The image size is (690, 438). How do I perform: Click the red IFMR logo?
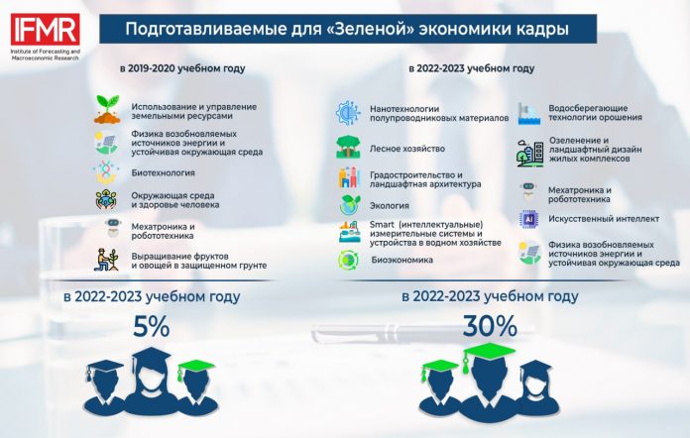46,29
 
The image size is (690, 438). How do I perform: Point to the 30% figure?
490,326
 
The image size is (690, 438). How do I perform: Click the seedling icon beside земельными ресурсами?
107,109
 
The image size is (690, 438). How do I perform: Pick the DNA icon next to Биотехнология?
106,171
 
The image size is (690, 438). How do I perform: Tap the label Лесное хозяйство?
407,149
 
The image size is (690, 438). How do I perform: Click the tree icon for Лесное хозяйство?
349,147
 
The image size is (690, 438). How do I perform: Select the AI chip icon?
529,219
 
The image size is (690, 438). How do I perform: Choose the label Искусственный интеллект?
604,219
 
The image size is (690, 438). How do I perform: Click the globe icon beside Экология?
350,205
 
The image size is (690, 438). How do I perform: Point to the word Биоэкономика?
402,260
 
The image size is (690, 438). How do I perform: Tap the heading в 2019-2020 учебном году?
182,68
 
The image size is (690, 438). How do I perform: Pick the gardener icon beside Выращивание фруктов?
106,260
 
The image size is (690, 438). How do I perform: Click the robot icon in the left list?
113,228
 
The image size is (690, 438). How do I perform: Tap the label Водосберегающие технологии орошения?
595,113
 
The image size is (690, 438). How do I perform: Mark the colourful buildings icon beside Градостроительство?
349,177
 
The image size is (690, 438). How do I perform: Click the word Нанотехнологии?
404,109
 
